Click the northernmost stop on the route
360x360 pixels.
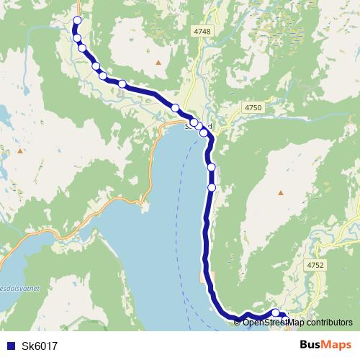tap(77, 20)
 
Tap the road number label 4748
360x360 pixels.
tap(202, 32)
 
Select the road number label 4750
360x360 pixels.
tap(253, 107)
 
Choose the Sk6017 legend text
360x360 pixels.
tap(40, 346)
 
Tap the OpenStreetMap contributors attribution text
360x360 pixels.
tap(294, 322)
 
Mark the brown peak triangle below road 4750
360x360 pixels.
tap(281, 192)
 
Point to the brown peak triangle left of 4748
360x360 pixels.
tap(158, 62)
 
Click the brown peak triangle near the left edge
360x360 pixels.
tap(21, 152)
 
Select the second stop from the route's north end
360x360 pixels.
tap(77, 37)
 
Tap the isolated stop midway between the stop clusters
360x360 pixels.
tap(175, 107)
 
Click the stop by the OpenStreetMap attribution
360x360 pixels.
tap(275, 312)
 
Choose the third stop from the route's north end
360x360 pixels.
tap(82, 48)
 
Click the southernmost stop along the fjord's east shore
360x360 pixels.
tap(212, 187)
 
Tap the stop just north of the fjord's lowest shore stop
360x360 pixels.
tap(212, 167)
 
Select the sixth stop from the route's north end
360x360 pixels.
tap(122, 84)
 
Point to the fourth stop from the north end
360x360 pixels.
tap(95, 66)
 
